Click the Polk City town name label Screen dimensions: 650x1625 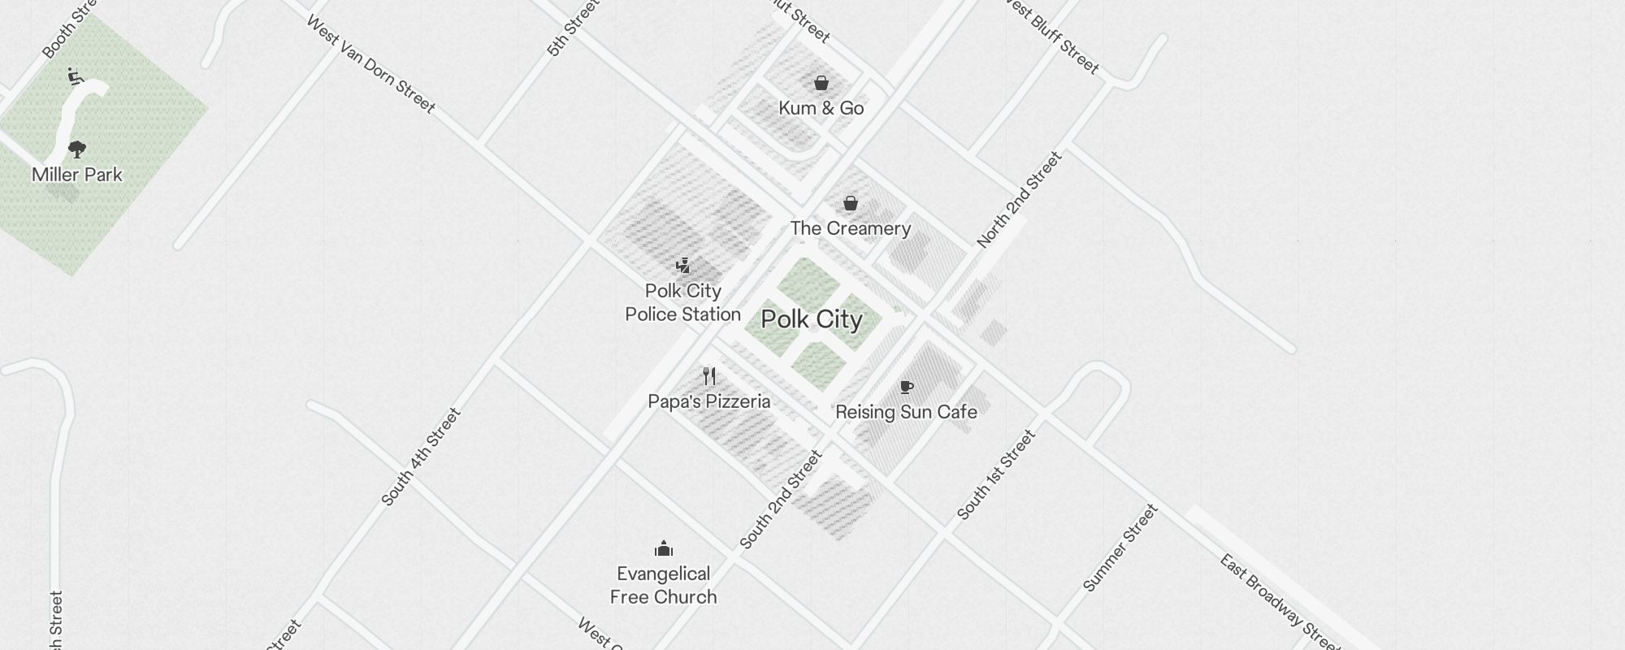click(812, 319)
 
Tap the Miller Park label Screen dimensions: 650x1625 click(77, 175)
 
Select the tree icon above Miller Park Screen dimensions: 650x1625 click(77, 149)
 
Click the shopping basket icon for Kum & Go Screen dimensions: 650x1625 click(821, 83)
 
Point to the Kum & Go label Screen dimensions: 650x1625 click(821, 108)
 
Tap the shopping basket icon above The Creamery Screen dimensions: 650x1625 click(851, 203)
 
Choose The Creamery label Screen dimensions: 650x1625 click(851, 228)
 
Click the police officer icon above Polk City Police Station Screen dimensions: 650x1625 click(683, 266)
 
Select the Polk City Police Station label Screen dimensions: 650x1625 click(683, 302)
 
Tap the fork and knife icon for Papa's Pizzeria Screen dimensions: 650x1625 click(709, 376)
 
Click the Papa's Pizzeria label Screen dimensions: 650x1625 click(709, 401)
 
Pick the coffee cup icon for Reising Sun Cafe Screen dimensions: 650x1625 click(907, 387)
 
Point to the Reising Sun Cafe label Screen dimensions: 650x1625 click(907, 412)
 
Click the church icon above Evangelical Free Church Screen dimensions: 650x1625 click(664, 548)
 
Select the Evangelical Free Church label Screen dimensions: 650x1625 click(664, 585)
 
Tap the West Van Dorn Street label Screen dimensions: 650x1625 click(370, 63)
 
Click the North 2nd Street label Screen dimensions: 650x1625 click(1020, 199)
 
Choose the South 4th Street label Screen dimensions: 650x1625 click(421, 457)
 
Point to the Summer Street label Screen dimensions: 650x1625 click(1120, 548)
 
